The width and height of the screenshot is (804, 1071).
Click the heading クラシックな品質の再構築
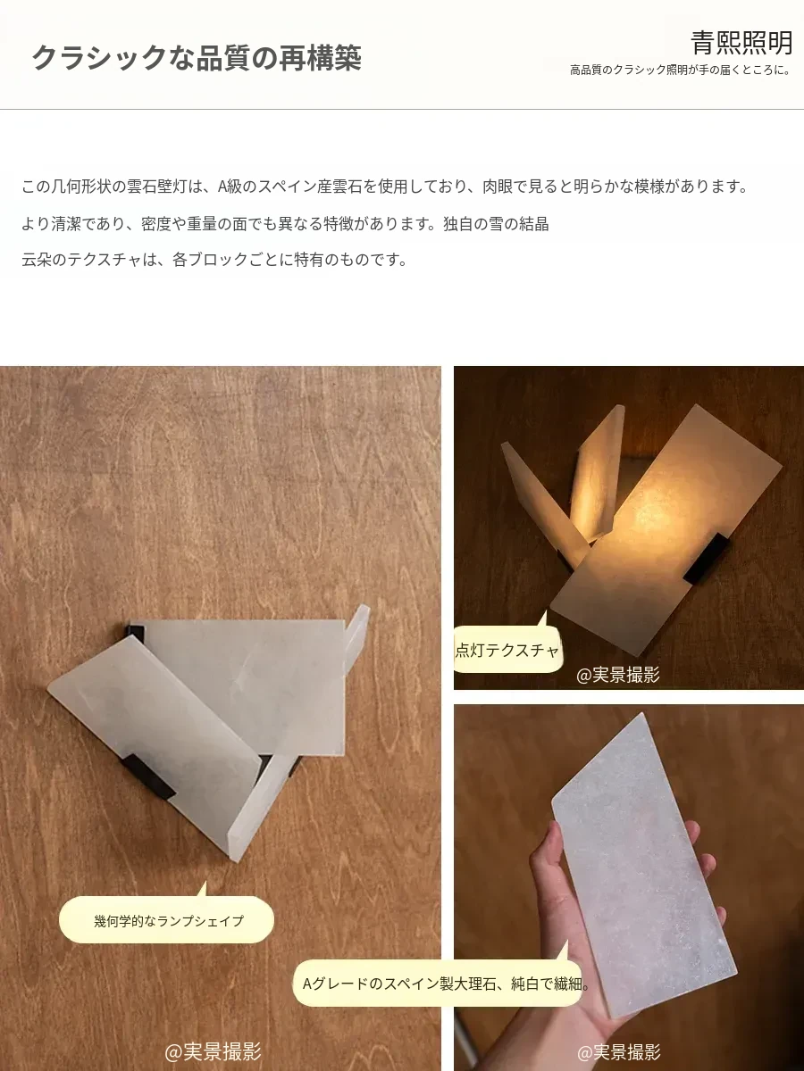pos(197,58)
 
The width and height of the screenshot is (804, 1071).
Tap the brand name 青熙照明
pos(741,43)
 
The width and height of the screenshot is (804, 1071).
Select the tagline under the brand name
pos(681,71)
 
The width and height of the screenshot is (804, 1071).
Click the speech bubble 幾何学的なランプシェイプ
pos(166,921)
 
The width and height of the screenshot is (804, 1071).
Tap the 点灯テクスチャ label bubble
pos(507,651)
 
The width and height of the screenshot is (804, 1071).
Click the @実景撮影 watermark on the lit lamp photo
pos(617,676)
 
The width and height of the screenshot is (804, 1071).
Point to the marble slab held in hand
pos(644,859)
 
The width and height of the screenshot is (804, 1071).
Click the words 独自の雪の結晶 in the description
pos(496,223)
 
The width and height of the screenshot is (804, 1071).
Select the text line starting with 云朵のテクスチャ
pos(214,259)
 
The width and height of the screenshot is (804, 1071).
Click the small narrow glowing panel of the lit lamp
pos(597,476)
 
